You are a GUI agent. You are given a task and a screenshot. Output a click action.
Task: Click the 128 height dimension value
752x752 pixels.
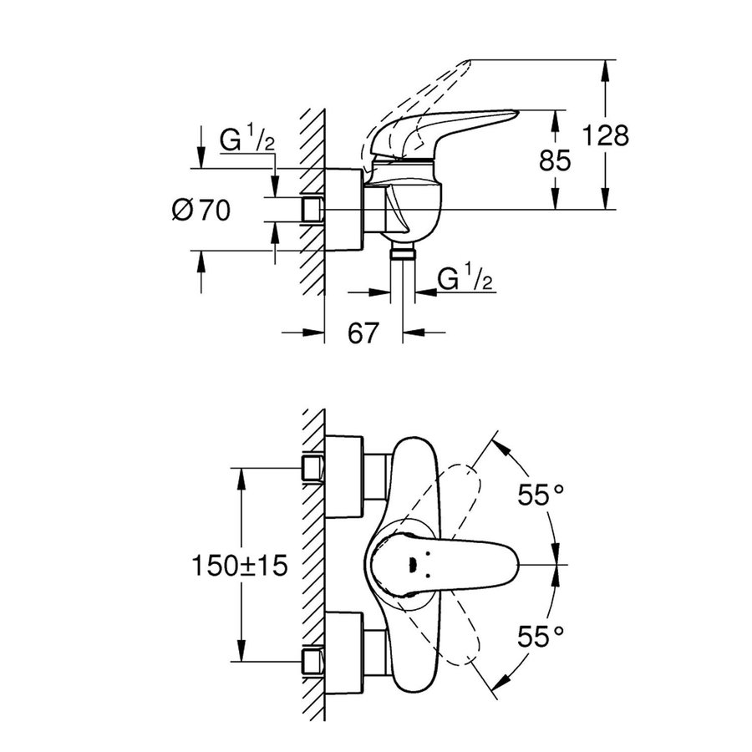click(x=606, y=135)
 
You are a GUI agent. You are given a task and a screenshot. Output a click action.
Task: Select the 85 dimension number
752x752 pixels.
click(x=556, y=160)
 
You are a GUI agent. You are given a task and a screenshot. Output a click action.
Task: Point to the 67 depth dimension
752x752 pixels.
click(x=363, y=333)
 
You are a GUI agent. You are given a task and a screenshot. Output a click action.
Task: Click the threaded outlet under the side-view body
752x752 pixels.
click(x=404, y=253)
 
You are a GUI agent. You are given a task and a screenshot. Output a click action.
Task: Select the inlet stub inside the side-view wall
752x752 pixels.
click(x=312, y=209)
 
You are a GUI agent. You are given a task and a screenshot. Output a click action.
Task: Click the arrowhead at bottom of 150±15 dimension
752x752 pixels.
click(x=241, y=658)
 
